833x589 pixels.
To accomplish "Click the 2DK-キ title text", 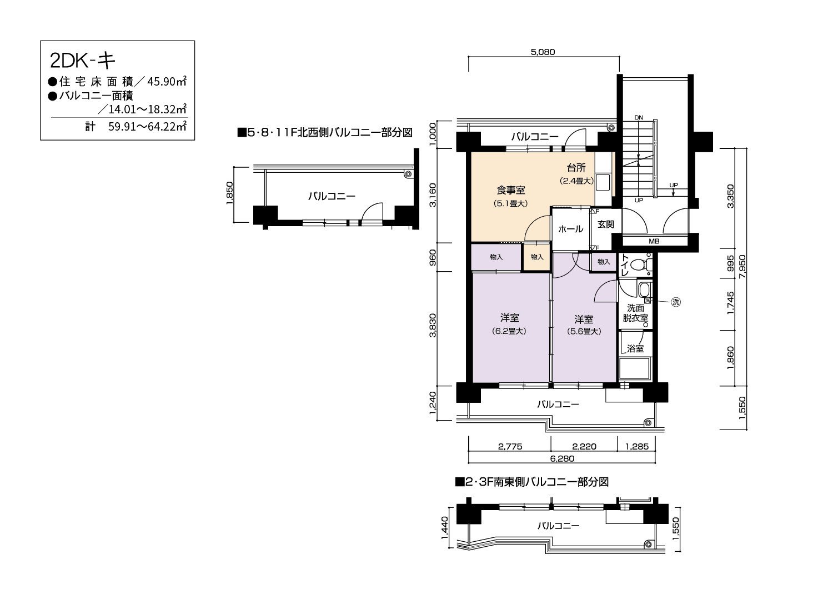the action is [x=83, y=61].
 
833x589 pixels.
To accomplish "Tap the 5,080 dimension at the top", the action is [x=543, y=52].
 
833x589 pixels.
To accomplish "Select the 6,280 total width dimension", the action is [x=562, y=459].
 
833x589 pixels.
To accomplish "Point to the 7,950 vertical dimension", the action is [x=742, y=266].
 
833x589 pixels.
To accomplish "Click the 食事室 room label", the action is [x=510, y=190].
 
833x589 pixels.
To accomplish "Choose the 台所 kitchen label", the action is [x=576, y=168].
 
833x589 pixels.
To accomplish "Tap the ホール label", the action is [x=570, y=229].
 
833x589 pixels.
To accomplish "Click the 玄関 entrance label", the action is [x=605, y=224].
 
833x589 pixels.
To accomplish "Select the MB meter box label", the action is [x=654, y=242].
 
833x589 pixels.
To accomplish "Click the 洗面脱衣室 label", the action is [x=635, y=313].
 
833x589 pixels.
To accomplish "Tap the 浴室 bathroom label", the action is [x=635, y=348].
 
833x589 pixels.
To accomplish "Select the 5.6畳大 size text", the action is [x=584, y=331].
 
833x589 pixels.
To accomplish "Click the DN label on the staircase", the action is [x=639, y=118].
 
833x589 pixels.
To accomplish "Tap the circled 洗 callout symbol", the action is [x=676, y=302].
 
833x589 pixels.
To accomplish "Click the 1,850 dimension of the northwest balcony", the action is [x=229, y=193].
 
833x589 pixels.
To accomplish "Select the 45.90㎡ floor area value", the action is [x=167, y=81].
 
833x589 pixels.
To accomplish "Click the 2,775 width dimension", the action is [x=510, y=447].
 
